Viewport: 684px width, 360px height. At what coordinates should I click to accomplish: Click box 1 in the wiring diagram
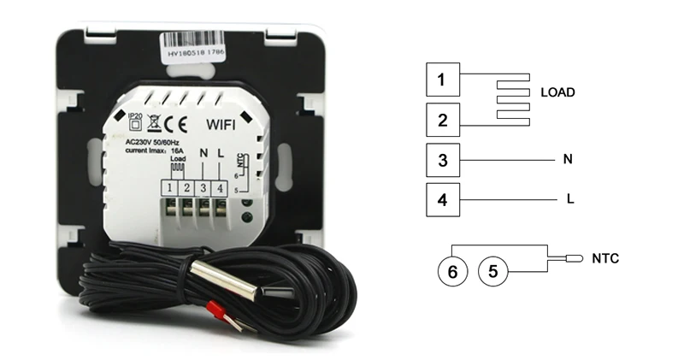coord(443,81)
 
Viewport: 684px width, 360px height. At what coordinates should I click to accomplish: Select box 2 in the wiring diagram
coord(443,121)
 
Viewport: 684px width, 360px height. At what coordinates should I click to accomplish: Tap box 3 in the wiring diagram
coord(443,161)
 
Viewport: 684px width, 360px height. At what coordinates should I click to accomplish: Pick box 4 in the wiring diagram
coord(443,201)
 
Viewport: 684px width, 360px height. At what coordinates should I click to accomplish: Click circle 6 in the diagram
coord(453,272)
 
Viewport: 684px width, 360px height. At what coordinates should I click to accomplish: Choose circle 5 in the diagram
coord(492,272)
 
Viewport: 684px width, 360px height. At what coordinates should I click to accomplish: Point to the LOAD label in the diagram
coord(557,92)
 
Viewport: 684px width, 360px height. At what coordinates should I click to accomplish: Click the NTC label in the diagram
coord(605,258)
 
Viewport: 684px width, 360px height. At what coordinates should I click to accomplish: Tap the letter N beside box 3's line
coord(567,159)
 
